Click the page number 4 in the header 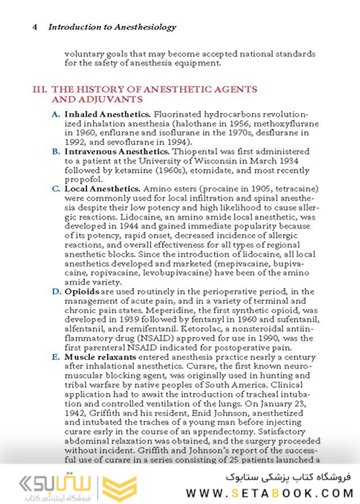click(35, 27)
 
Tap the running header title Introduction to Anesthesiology click(112, 27)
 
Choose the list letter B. click(56, 152)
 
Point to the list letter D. click(56, 292)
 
